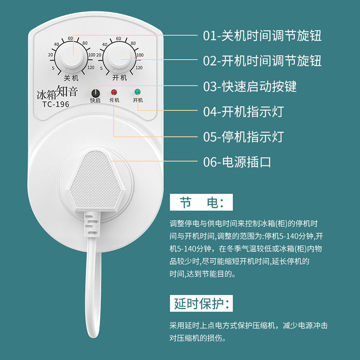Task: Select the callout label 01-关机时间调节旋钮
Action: [x=262, y=36]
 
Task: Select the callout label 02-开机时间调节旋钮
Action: [x=262, y=61]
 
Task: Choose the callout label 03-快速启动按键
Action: [x=250, y=86]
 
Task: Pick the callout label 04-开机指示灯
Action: [x=243, y=111]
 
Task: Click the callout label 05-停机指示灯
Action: [x=243, y=136]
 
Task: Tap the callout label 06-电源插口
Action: [x=237, y=162]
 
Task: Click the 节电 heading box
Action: [x=201, y=202]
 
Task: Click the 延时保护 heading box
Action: [x=202, y=304]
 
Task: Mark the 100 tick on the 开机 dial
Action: [x=140, y=55]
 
